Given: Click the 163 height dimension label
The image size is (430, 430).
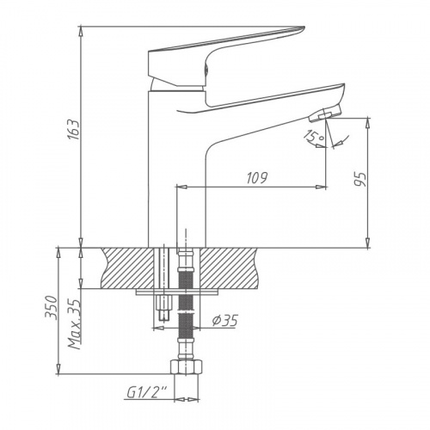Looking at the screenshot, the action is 74,129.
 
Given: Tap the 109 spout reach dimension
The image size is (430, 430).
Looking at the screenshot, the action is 257,178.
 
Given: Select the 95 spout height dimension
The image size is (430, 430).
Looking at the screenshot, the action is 360,180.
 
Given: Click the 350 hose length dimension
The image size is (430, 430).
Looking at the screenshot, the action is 52,307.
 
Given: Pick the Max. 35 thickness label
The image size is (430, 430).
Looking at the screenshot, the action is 74,324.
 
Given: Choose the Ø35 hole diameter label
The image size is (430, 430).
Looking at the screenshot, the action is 225,321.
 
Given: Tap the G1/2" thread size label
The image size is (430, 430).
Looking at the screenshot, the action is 147,392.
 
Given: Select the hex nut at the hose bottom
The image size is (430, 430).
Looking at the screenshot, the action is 187,366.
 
